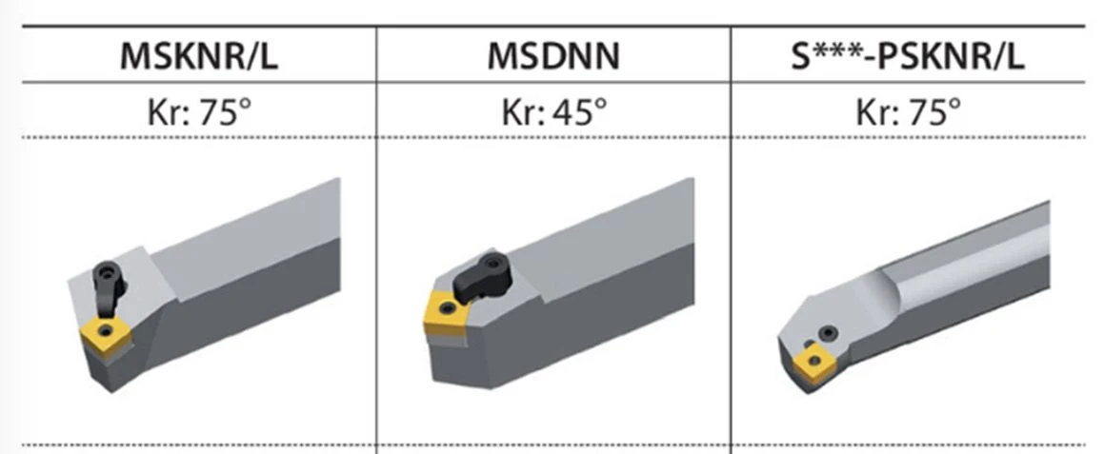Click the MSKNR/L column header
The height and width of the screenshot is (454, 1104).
click(199, 56)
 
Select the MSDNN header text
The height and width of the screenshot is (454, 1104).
click(553, 56)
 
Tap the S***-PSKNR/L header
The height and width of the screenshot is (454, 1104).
click(908, 56)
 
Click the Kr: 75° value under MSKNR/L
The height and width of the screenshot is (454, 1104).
click(199, 111)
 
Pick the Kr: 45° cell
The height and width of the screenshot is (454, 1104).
click(553, 111)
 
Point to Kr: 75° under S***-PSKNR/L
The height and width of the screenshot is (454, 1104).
click(908, 111)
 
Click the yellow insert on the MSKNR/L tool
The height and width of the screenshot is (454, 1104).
click(107, 336)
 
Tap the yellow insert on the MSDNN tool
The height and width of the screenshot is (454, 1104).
click(447, 312)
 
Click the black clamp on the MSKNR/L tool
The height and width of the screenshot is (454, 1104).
click(109, 289)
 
